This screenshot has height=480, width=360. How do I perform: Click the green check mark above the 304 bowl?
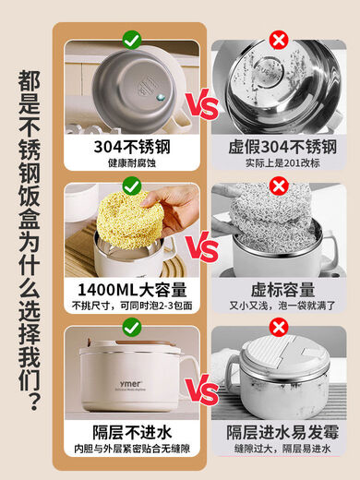(132, 39)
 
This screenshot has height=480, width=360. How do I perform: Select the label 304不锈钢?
(130, 147)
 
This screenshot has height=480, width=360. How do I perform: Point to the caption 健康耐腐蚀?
(130, 163)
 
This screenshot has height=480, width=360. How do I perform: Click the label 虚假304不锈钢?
(278, 147)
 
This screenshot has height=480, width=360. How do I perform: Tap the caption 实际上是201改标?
(278, 163)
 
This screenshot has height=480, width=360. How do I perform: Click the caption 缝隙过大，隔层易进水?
(278, 450)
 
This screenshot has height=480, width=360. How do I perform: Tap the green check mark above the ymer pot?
(132, 328)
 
